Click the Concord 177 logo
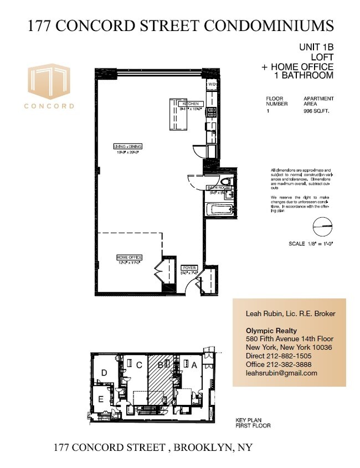coord(49,88)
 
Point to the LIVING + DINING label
coord(128,146)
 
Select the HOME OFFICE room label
coord(129,258)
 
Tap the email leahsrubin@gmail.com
coord(281,373)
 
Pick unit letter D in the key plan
coord(105,373)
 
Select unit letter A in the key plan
coord(194,365)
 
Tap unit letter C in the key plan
coord(140,365)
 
